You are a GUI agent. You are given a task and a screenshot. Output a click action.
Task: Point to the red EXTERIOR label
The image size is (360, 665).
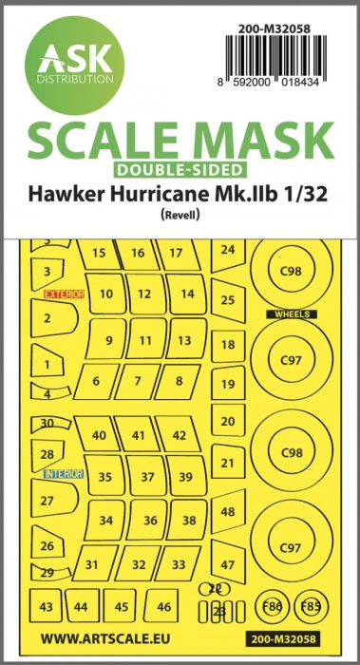coord(65,294)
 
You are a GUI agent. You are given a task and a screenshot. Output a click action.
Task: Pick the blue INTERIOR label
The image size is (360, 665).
coord(65,473)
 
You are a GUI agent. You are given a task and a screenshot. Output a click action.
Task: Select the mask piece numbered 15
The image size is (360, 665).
coord(99,254)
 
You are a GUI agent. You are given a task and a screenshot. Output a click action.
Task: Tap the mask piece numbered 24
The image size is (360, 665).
coord(228,251)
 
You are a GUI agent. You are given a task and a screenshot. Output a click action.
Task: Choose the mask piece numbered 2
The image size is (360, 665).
coord(47,319)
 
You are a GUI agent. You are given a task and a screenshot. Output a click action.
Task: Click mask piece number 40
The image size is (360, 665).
coord(99,435)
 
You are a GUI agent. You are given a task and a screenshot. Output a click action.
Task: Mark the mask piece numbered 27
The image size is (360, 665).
coord(47,500)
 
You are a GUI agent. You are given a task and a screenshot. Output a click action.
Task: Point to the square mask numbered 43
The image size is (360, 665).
coord(47,606)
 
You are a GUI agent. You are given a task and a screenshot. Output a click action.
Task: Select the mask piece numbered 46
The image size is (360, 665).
coord(164,606)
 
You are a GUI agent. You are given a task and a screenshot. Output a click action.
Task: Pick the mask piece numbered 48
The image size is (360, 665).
coord(228,513)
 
